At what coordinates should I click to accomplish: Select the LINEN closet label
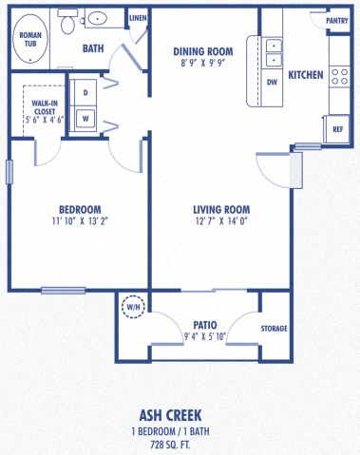138,18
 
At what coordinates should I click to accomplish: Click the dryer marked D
85,93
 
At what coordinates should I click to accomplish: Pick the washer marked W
85,119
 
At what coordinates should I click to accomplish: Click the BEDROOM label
80,209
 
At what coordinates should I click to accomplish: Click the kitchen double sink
273,52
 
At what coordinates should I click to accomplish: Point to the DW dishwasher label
273,83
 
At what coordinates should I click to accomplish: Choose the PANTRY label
336,20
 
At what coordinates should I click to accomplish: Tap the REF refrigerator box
338,129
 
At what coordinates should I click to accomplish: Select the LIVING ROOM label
220,210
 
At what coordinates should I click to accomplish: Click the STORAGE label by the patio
275,329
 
